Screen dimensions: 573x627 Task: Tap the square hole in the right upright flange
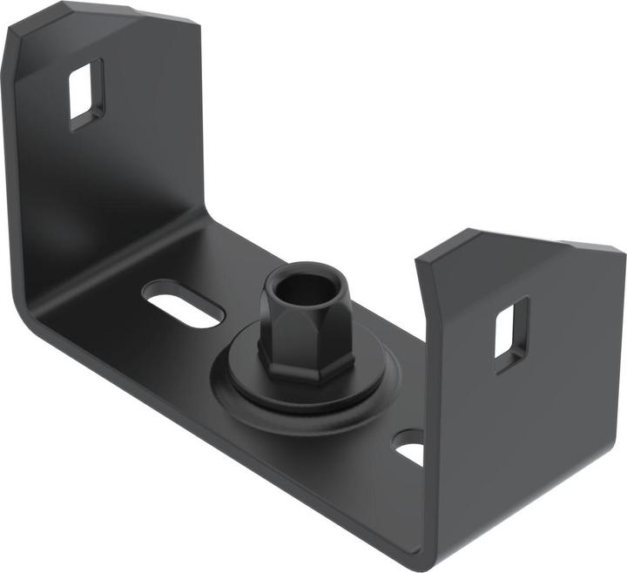coord(511,328)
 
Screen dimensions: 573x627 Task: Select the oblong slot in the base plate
coord(184,307)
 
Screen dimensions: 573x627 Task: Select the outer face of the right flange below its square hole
coord(522,435)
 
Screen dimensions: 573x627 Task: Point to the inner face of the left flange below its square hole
coord(104,192)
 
